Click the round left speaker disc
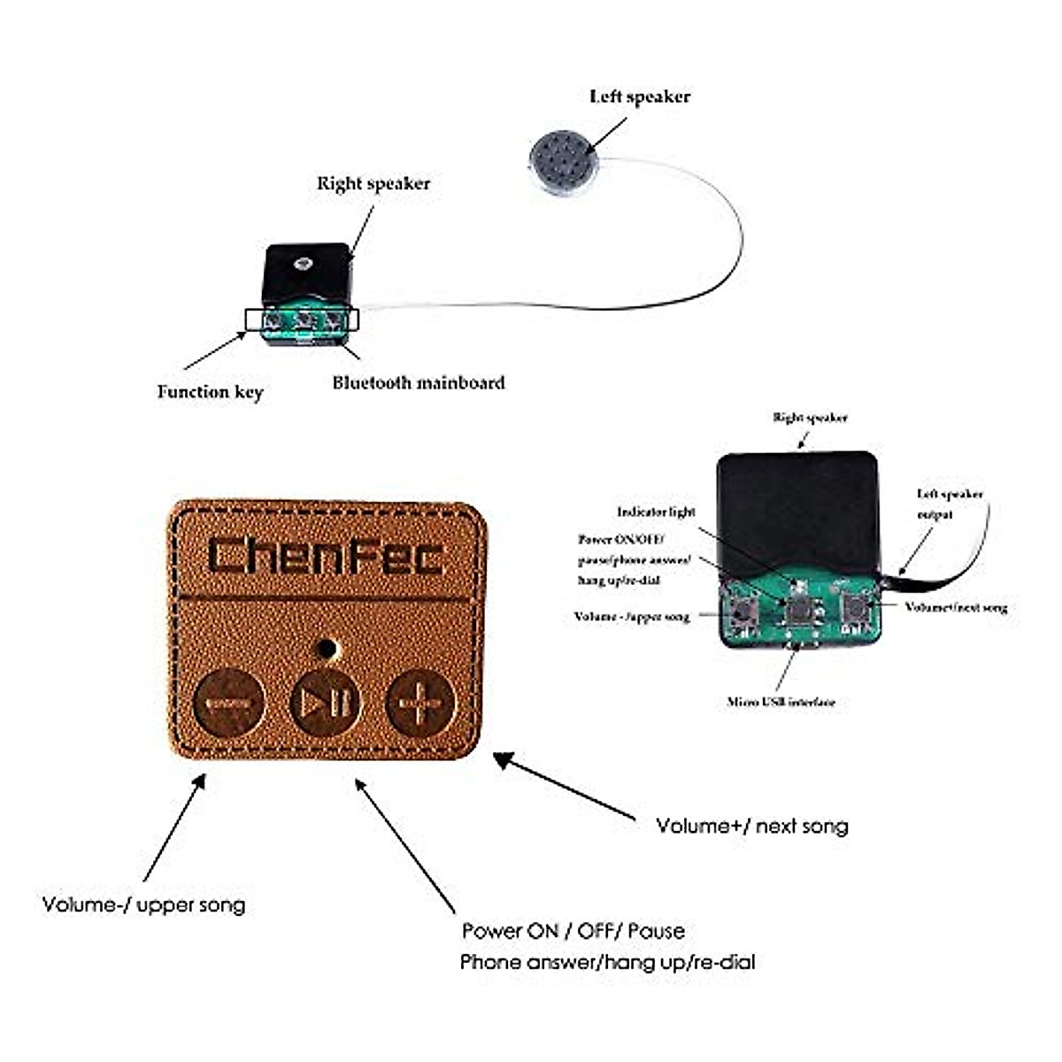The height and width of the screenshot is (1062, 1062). click(564, 160)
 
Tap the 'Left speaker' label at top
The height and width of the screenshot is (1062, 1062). click(639, 96)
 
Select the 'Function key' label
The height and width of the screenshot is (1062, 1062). click(210, 391)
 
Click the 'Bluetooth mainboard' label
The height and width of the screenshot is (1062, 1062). click(419, 382)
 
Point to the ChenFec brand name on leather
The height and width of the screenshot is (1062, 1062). click(326, 556)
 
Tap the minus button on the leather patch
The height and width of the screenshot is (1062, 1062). click(227, 704)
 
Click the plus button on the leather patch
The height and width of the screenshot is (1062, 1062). click(420, 704)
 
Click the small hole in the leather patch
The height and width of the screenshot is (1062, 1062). click(327, 648)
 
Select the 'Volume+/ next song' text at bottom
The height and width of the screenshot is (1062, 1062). click(751, 826)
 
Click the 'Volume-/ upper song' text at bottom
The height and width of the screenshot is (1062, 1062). click(143, 904)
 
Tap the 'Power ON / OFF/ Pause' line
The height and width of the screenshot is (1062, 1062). click(573, 931)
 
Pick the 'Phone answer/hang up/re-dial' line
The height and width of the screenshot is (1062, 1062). click(607, 962)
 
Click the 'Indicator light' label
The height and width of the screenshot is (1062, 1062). click(656, 512)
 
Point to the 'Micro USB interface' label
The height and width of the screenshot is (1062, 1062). click(781, 702)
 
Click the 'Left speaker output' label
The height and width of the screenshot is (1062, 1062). click(949, 504)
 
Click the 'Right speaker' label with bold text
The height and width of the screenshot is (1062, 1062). click(373, 183)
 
